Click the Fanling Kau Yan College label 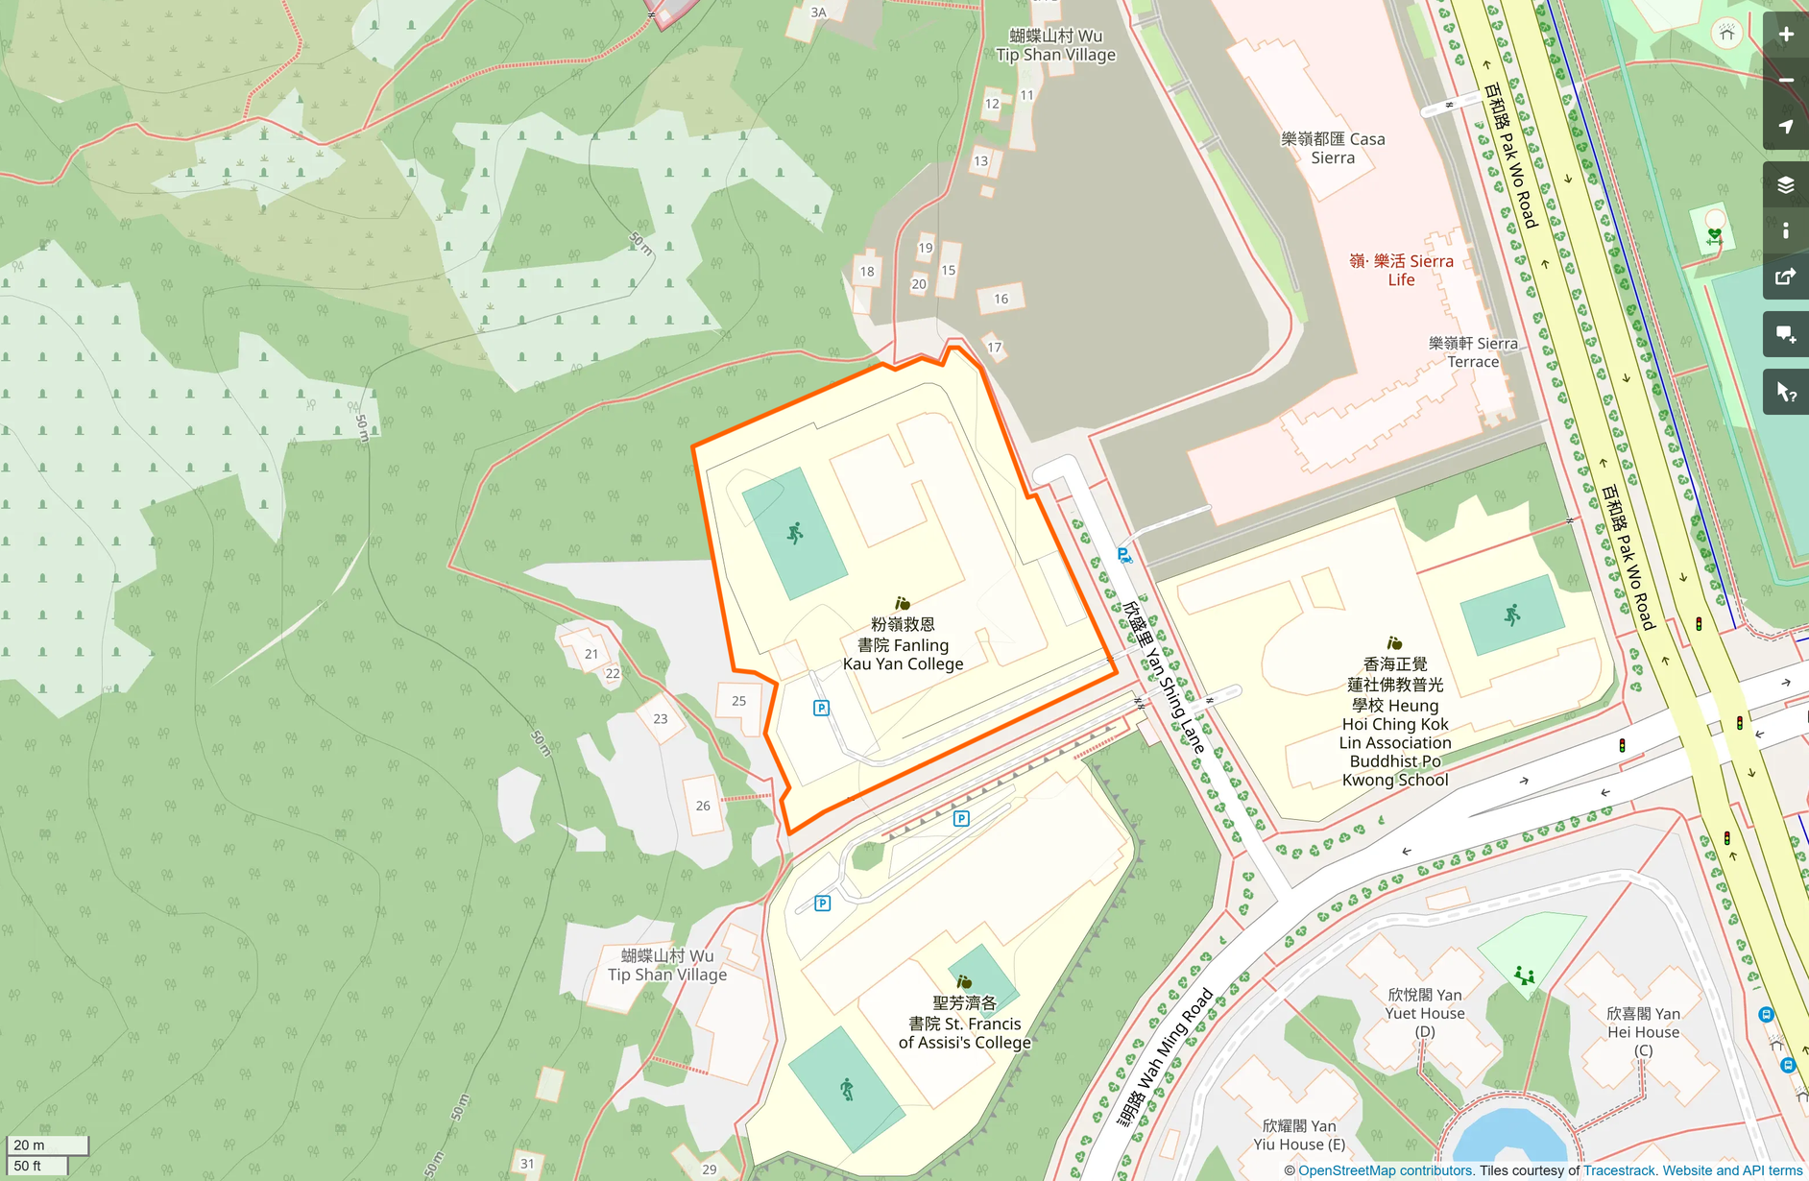point(903,644)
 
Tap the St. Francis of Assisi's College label point(964,1023)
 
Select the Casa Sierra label point(1333,148)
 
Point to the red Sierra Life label point(1401,270)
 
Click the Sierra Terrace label point(1473,352)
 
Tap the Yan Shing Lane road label point(1164,677)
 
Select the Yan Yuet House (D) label point(1425,1013)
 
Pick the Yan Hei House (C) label point(1643,1031)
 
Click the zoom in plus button point(1786,35)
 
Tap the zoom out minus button point(1786,81)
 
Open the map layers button point(1786,184)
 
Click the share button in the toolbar point(1786,277)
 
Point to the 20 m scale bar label point(29,1145)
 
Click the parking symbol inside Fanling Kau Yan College point(821,708)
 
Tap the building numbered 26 point(703,806)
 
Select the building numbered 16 point(1001,299)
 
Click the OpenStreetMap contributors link point(1386,1170)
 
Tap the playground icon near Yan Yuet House point(1524,976)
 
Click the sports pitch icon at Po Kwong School point(1512,615)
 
